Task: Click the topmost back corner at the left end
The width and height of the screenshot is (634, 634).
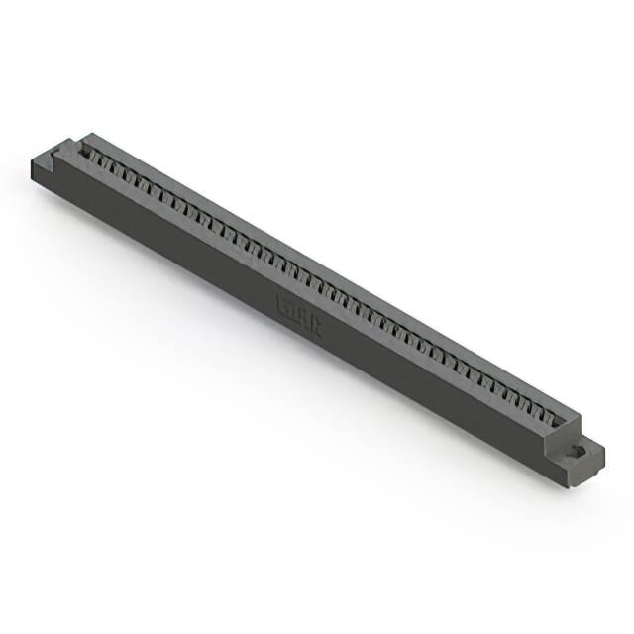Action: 87,135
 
